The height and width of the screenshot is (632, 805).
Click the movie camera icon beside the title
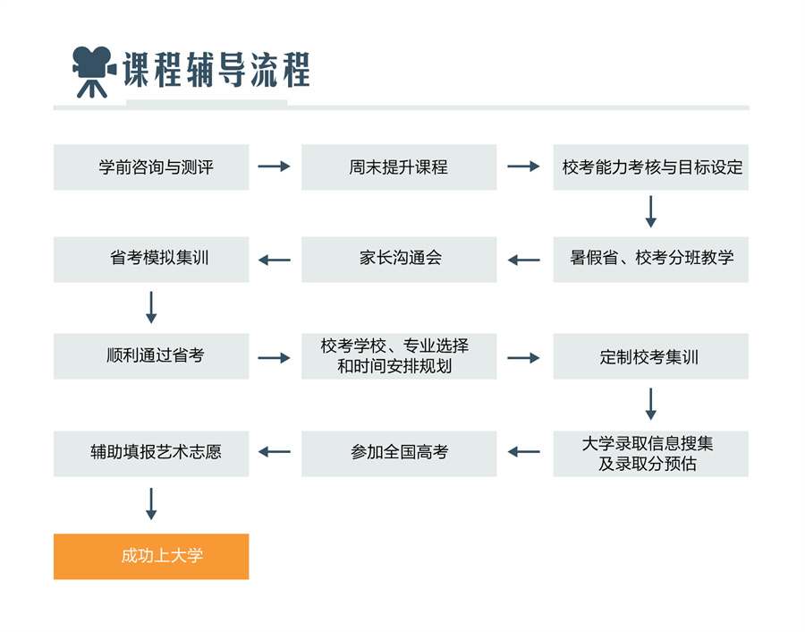[x=93, y=71]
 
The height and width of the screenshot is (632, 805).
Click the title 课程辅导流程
[x=216, y=70]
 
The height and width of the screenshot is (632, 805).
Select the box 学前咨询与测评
[x=151, y=167]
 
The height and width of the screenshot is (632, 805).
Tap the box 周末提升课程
[x=399, y=167]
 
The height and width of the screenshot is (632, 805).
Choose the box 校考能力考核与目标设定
[x=650, y=167]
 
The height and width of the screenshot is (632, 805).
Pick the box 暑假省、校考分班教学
[x=650, y=259]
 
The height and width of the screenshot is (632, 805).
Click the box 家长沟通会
[x=399, y=259]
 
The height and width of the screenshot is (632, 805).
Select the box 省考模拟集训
[x=151, y=259]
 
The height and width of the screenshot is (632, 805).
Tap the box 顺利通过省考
[x=151, y=356]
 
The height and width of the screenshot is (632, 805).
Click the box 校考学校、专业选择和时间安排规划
[x=399, y=356]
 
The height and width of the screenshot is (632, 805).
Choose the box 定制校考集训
[x=650, y=356]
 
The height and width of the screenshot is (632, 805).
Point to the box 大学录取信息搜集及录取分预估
[x=650, y=453]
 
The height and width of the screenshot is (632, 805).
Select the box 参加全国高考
[x=399, y=453]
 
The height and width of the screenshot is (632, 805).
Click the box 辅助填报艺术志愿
[x=151, y=453]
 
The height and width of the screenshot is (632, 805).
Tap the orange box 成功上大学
[x=151, y=556]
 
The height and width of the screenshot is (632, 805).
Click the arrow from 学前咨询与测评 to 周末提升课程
[x=275, y=167]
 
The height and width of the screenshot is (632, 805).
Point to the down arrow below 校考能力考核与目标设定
[x=650, y=211]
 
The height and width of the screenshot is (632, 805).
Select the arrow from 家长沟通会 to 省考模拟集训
[x=275, y=260]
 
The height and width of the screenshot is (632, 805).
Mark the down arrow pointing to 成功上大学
[x=151, y=503]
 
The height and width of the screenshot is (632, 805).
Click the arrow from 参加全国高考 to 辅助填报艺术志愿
[x=275, y=452]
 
